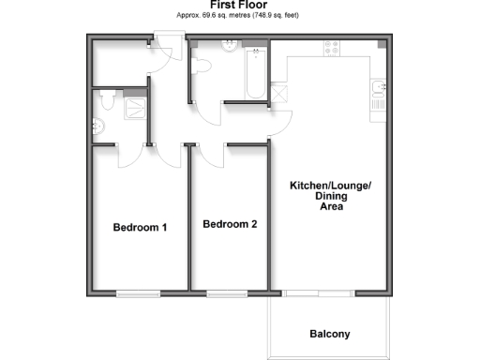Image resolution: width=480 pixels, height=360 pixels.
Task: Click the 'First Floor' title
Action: click(239, 5)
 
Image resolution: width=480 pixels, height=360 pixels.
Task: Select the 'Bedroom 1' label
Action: click(140, 227)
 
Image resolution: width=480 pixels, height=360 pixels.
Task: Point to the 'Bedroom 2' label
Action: click(230, 224)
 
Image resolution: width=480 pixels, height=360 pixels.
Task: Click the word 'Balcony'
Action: click(329, 335)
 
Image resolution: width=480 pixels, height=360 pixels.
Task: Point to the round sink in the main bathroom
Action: click(226, 48)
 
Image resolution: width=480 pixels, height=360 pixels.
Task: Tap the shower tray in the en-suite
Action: click(137, 106)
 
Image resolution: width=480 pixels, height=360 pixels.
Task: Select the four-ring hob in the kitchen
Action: click(332, 47)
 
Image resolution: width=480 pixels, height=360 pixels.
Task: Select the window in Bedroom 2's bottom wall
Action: click(226, 293)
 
